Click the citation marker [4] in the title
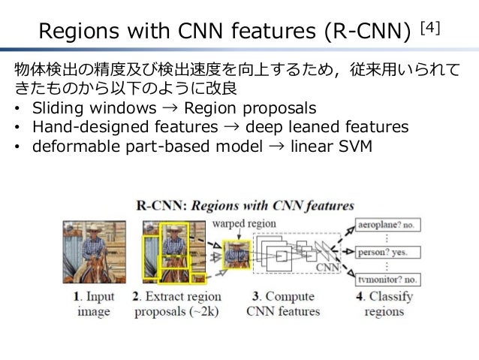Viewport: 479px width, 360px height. [430, 28]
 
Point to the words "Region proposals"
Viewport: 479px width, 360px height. [250, 107]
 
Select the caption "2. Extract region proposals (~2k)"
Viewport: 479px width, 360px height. [176, 304]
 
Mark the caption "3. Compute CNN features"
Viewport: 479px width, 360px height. [283, 304]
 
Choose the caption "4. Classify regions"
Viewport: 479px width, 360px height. [384, 304]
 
